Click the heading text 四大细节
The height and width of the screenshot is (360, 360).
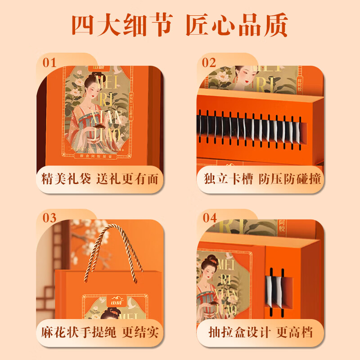click(x=122, y=26)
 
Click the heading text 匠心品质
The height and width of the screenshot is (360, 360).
click(x=237, y=26)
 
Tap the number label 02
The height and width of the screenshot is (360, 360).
click(x=209, y=63)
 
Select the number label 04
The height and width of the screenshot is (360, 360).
click(x=210, y=218)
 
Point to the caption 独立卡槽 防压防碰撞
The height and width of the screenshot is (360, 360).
click(x=260, y=179)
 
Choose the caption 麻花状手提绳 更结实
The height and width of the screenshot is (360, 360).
click(x=99, y=333)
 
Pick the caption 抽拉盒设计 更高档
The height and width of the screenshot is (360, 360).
click(x=260, y=333)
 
